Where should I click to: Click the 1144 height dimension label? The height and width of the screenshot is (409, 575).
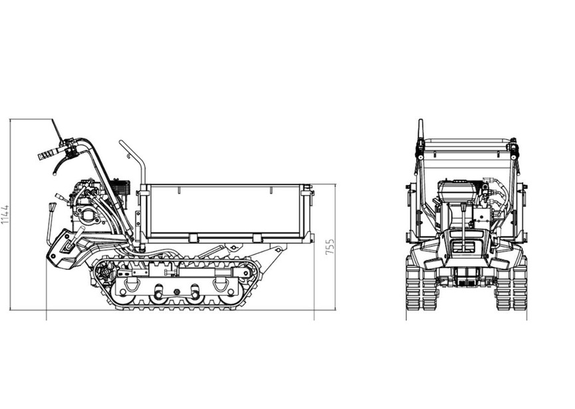5,215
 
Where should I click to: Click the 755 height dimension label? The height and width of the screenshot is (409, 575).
330,247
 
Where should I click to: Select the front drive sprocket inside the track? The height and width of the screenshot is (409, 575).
106,272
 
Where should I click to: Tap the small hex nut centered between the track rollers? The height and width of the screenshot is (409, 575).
176,292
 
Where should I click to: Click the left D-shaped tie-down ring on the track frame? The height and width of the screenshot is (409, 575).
131,284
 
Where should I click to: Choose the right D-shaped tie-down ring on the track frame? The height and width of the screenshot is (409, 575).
221,284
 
